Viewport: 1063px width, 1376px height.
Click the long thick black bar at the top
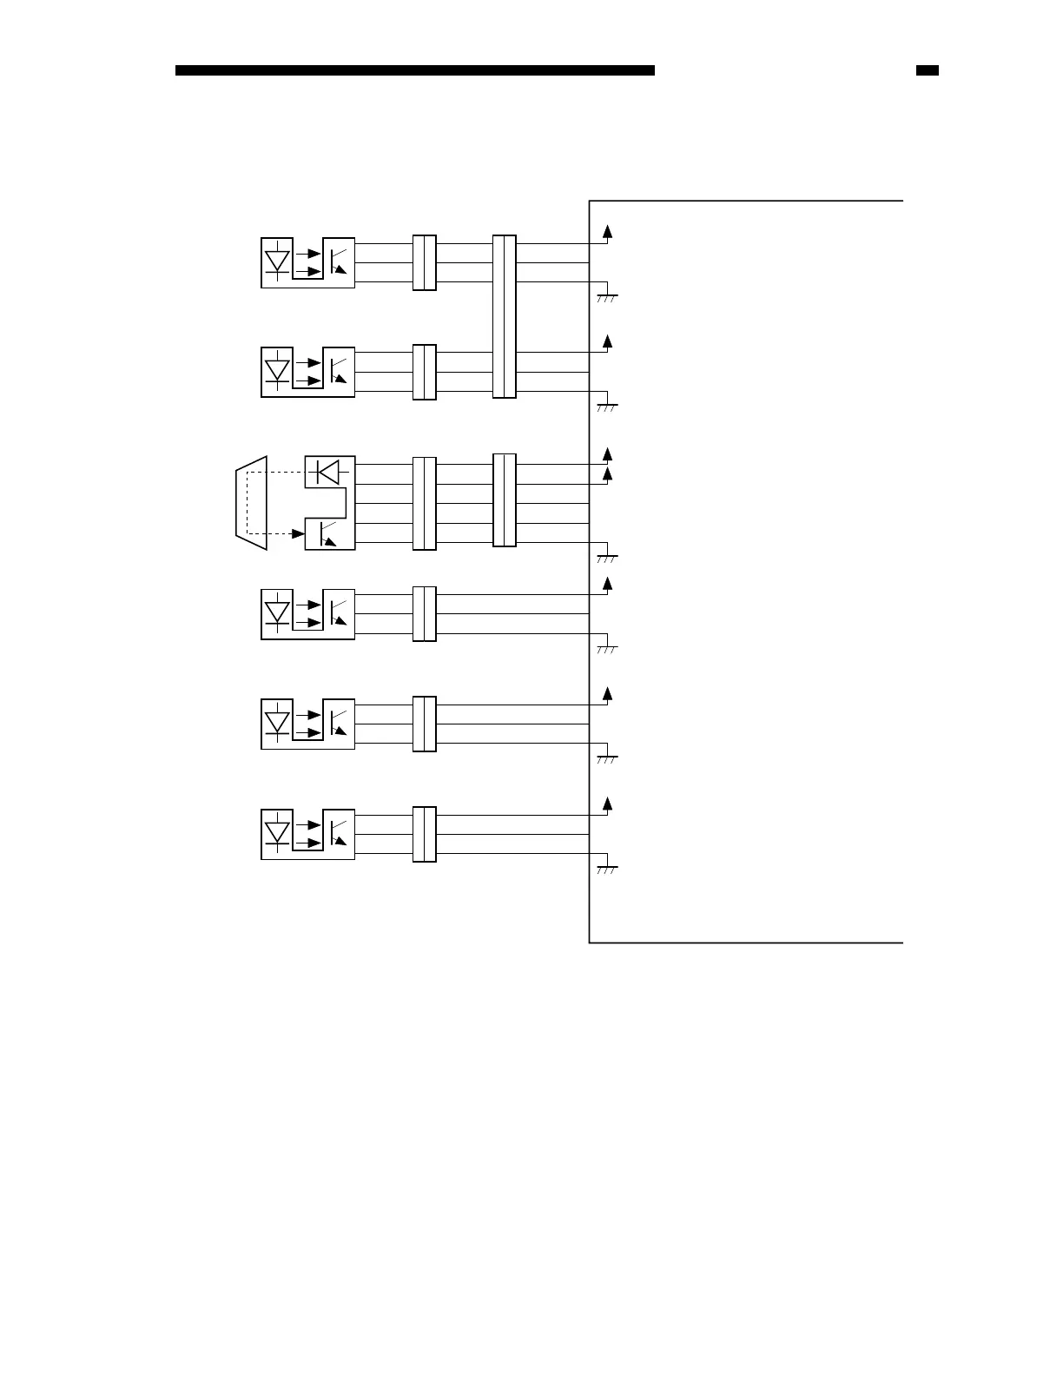tap(414, 70)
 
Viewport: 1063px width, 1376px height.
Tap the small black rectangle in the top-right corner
tap(927, 70)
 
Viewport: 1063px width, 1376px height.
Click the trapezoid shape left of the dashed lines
tap(252, 502)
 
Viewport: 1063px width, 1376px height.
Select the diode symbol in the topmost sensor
tap(277, 261)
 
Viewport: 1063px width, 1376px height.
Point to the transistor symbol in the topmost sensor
tap(339, 261)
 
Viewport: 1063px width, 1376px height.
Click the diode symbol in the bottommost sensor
tap(277, 833)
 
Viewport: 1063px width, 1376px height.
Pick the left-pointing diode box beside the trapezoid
tap(329, 472)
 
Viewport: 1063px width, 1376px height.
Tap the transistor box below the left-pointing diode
tap(329, 533)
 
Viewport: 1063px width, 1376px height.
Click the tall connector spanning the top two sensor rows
tap(504, 316)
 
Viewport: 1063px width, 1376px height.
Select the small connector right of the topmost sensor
tap(424, 262)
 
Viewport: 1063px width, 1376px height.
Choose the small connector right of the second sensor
tap(424, 372)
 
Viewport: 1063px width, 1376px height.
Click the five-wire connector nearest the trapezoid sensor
tap(424, 503)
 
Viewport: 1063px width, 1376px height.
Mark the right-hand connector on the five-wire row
tap(504, 500)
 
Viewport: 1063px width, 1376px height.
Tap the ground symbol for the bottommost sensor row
tap(606, 868)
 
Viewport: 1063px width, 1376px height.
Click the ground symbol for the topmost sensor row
tap(606, 296)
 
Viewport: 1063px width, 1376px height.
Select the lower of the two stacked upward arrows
tap(608, 474)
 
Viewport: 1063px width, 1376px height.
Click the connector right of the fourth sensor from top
tap(424, 614)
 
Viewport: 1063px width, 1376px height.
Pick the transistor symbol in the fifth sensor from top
tap(339, 724)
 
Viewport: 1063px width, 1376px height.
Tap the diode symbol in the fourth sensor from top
tap(277, 614)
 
